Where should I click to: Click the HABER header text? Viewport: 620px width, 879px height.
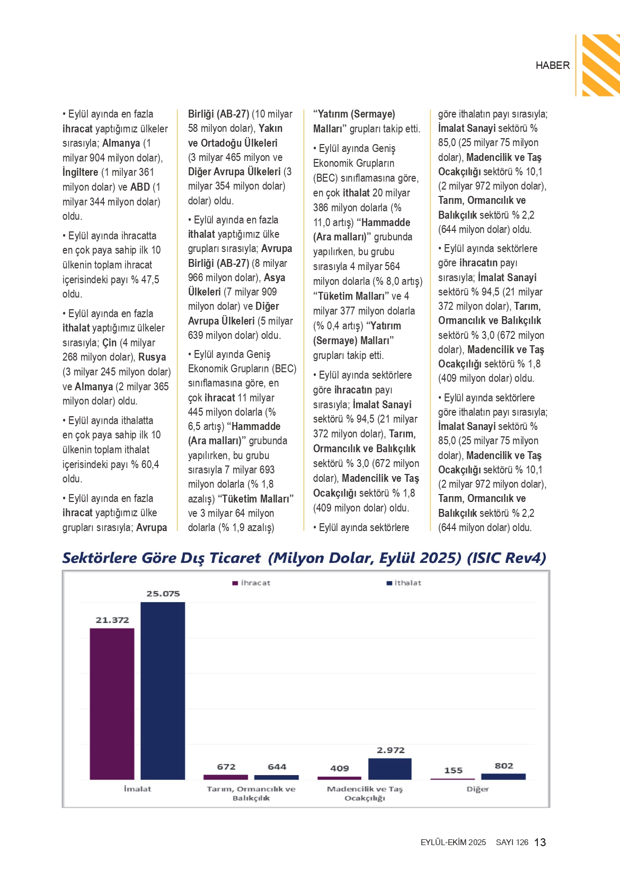(552, 66)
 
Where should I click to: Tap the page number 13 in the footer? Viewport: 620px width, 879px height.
(540, 842)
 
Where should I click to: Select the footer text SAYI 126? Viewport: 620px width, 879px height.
(512, 842)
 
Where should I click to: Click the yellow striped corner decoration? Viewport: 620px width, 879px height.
(601, 65)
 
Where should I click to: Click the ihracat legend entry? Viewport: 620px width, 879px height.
(252, 583)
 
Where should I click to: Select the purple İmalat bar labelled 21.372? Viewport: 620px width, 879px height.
(112, 704)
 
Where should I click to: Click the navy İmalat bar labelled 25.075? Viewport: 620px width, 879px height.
(163, 690)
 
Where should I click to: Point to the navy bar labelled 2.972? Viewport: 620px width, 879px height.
(389, 769)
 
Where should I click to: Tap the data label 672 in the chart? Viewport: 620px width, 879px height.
(226, 767)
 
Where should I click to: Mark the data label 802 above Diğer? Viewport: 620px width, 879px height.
(504, 766)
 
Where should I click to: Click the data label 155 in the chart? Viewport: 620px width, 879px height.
(453, 770)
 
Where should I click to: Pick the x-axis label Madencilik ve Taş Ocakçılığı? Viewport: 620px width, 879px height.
(365, 793)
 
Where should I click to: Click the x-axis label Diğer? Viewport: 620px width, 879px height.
(477, 789)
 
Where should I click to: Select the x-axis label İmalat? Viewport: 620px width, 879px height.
(137, 789)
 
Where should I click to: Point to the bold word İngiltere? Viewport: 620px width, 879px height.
(81, 173)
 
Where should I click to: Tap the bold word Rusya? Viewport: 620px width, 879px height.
(152, 357)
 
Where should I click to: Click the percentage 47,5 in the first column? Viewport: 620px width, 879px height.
(150, 280)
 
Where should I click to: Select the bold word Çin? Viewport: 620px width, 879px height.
(109, 343)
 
